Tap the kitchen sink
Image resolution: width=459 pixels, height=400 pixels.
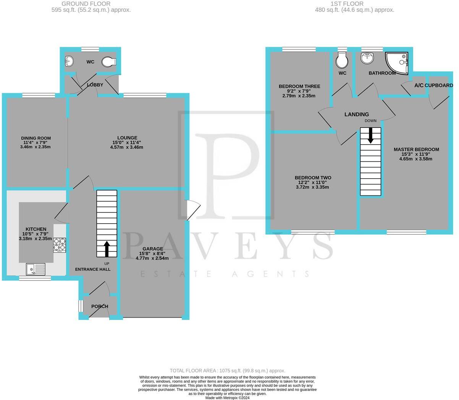coord(36,269)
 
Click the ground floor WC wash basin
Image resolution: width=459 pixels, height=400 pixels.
coord(69,61)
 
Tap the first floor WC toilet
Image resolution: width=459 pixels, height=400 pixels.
coord(342,60)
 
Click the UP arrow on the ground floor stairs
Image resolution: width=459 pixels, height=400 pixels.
coord(107,248)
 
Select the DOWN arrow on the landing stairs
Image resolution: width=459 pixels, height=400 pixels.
coord(370,135)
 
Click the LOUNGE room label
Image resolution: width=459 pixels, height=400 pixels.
coord(127,138)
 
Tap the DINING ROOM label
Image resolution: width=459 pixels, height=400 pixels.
coord(36,138)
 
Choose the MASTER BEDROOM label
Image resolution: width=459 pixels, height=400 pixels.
coord(416,150)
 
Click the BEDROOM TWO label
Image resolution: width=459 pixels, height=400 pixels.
coord(313,177)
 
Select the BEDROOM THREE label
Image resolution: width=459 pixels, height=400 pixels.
coord(299,87)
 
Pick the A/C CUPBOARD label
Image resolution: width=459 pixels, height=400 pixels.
coord(433,85)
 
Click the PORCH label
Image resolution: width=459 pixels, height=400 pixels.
coord(99,306)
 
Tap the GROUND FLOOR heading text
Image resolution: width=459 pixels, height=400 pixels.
coord(91,4)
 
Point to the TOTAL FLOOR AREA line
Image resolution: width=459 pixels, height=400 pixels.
coord(228,371)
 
